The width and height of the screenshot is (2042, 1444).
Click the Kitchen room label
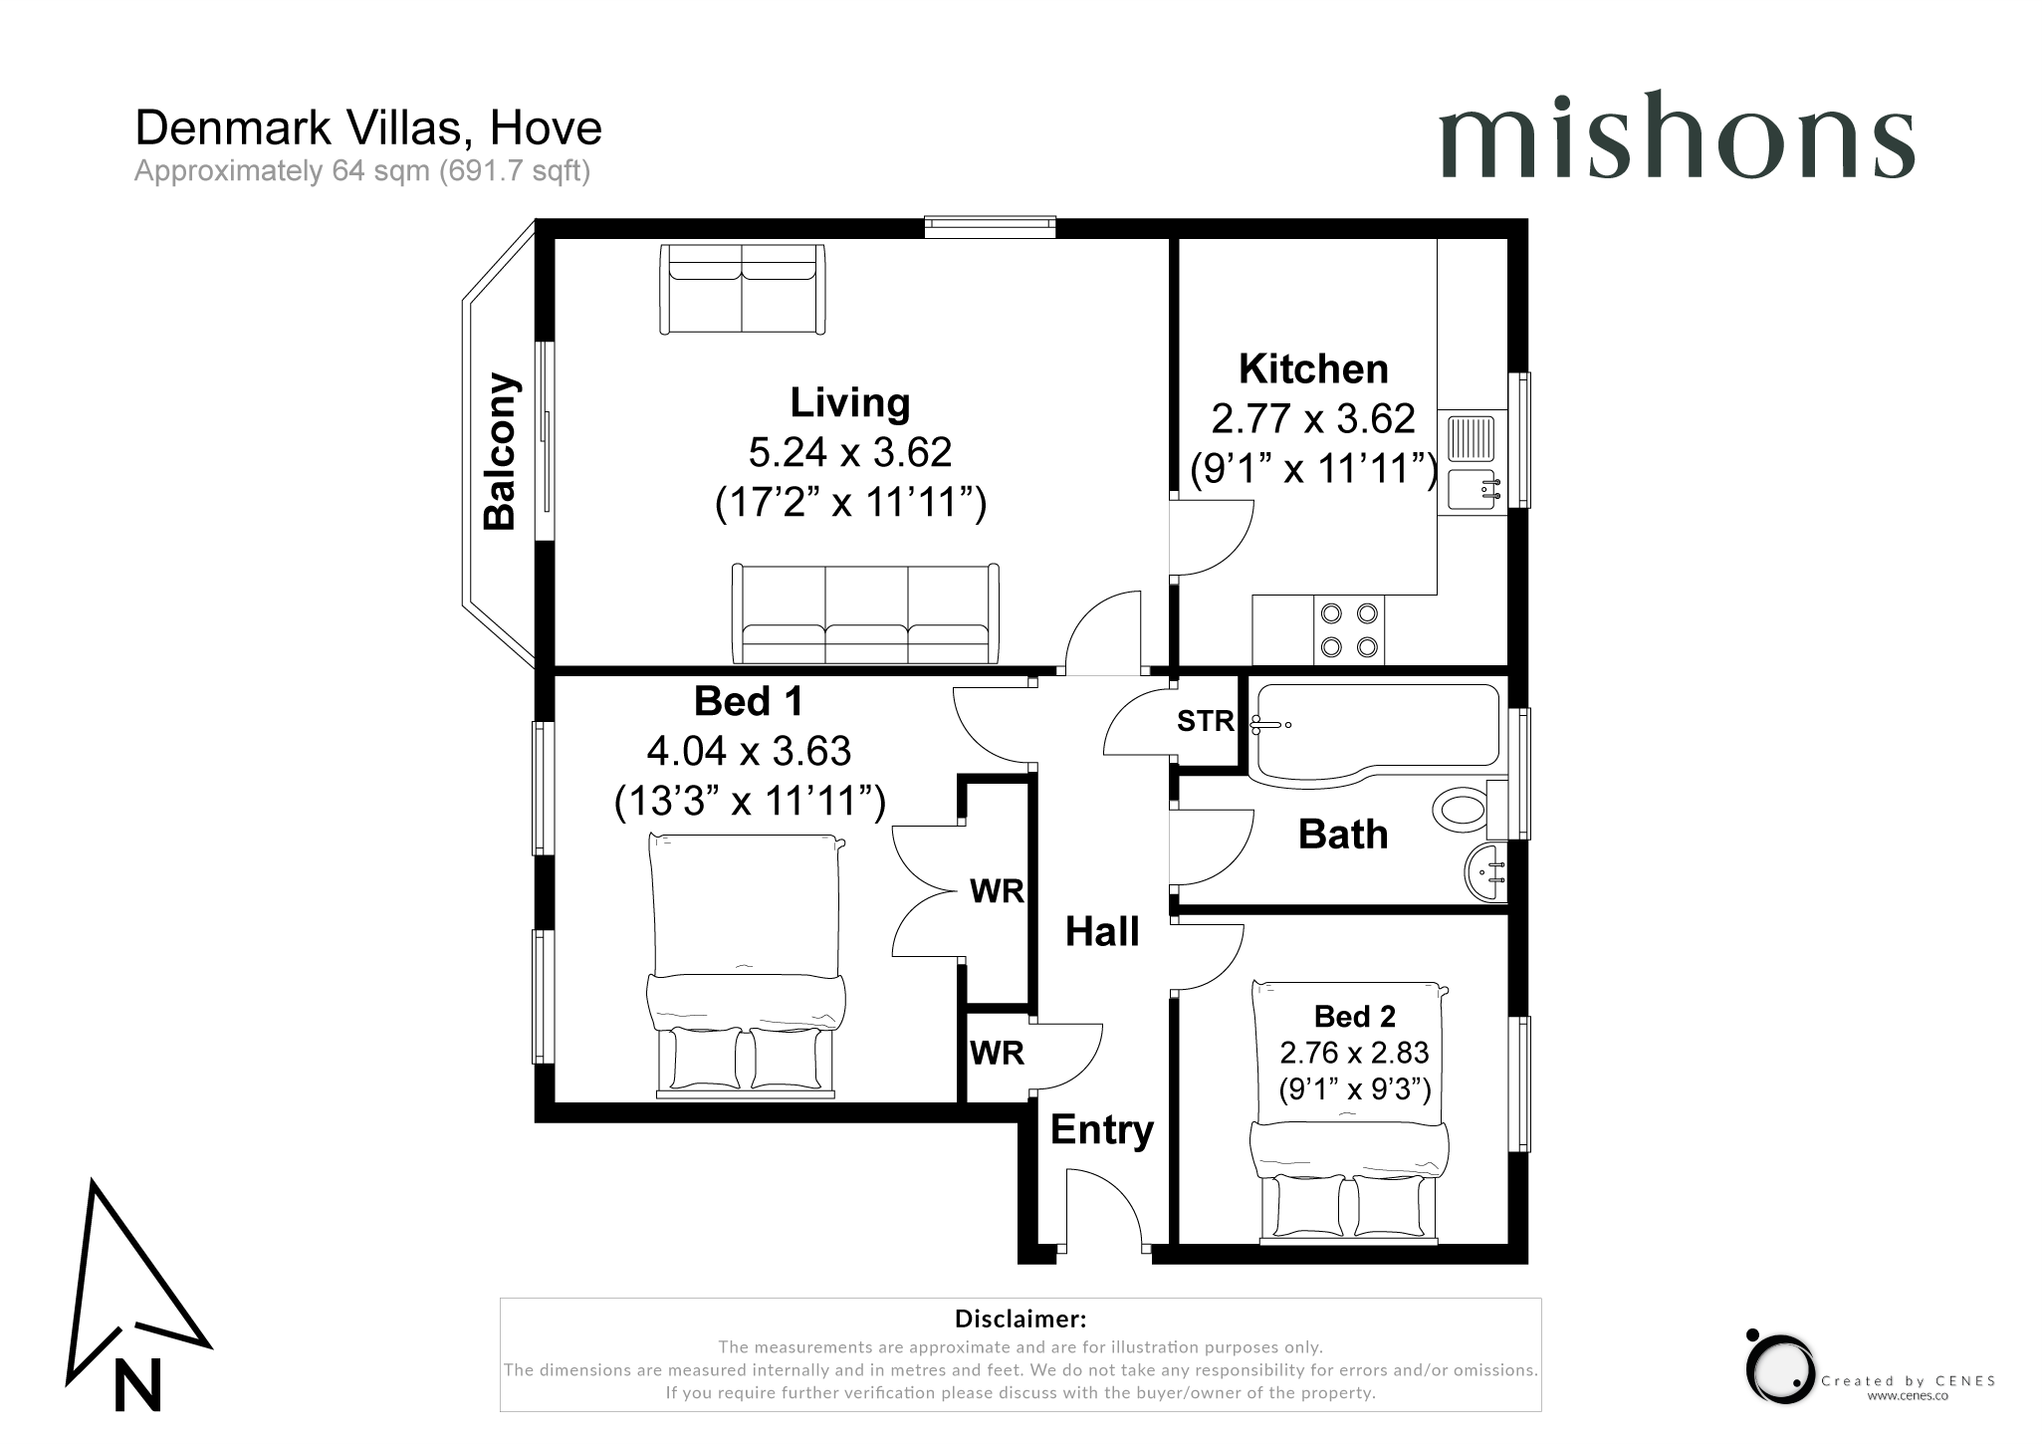click(1313, 369)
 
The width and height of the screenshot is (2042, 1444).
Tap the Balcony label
click(500, 451)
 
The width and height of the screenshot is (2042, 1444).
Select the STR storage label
click(1205, 720)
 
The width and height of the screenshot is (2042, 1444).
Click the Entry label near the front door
click(1101, 1130)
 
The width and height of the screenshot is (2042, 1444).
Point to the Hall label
click(1102, 931)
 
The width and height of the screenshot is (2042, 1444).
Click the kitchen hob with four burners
click(1348, 630)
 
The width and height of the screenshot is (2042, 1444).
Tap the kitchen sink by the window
click(1472, 463)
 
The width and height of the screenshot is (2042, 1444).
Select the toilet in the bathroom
click(1470, 807)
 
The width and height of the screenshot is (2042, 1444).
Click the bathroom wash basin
click(1486, 873)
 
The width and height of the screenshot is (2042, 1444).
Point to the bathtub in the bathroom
click(1375, 730)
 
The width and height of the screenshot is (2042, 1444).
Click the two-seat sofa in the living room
click(743, 289)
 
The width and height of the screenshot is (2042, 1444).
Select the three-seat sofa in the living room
click(865, 613)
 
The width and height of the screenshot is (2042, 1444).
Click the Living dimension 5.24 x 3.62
click(850, 452)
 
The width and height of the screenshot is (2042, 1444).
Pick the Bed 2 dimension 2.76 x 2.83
click(1354, 1053)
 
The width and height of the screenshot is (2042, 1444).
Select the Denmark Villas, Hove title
click(368, 128)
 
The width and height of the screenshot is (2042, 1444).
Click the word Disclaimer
click(1021, 1320)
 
